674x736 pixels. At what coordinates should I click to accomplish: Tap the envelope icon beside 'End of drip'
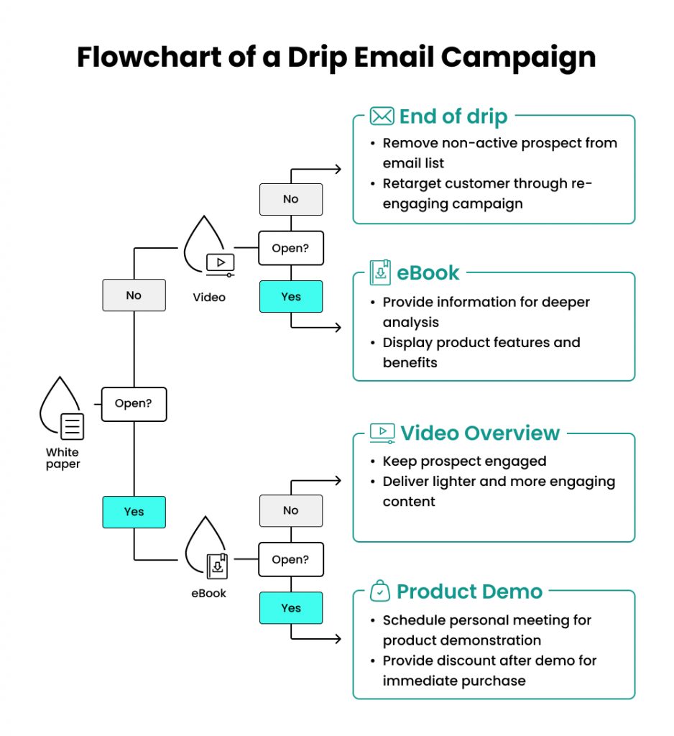point(382,116)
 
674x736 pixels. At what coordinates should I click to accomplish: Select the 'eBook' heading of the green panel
point(428,272)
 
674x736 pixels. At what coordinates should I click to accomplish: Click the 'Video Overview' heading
point(479,433)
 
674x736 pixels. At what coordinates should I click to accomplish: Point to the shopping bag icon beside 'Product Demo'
point(380,592)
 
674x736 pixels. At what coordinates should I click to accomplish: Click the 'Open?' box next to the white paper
point(134,404)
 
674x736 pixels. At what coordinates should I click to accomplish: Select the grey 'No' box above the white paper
point(134,295)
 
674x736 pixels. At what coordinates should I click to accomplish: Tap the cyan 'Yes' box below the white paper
point(134,512)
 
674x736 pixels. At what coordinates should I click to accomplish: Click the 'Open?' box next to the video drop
point(291,249)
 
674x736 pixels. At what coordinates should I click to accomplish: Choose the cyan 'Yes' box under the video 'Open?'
point(291,296)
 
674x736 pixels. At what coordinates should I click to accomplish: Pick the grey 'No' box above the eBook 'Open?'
point(291,510)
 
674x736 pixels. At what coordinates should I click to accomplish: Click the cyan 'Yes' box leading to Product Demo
point(291,608)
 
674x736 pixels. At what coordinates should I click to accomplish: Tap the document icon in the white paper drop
point(72,426)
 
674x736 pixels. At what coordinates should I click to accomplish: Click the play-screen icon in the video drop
point(220,264)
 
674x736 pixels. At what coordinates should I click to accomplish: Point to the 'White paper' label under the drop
point(63,458)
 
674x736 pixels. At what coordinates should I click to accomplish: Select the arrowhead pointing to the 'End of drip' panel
point(338,169)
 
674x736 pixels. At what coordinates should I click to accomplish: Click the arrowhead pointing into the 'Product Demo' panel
point(338,638)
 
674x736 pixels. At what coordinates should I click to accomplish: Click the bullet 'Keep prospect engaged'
point(463,461)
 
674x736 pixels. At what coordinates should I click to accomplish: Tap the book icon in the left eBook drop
point(218,566)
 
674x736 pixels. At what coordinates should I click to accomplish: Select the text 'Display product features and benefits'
point(481,352)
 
